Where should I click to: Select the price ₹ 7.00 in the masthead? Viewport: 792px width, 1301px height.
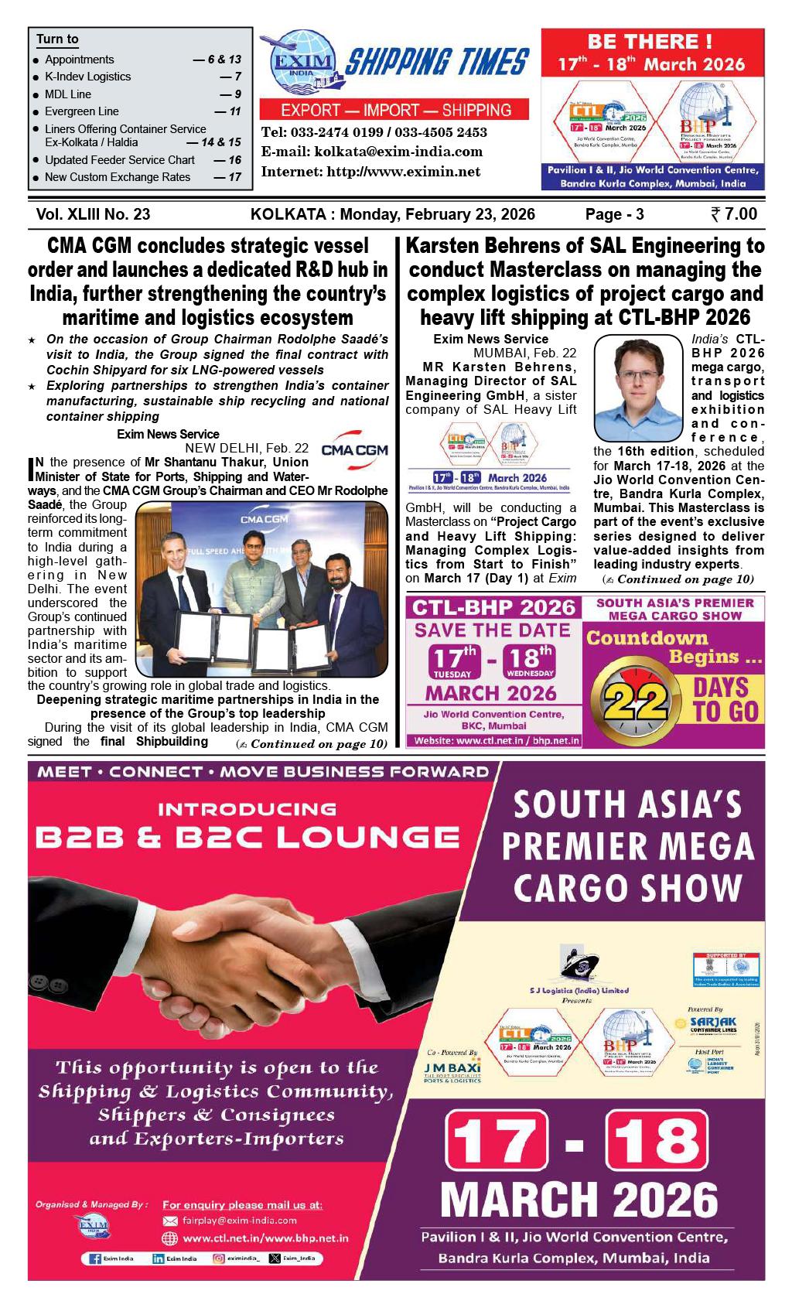[733, 214]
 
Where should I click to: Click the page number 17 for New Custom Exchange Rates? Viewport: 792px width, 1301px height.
[235, 177]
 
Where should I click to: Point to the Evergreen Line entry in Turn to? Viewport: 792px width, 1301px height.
[81, 111]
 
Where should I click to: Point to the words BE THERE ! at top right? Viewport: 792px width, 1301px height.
[650, 42]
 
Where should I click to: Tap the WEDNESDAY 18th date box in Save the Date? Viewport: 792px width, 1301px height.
[529, 662]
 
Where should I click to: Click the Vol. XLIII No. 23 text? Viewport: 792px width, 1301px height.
[93, 214]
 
